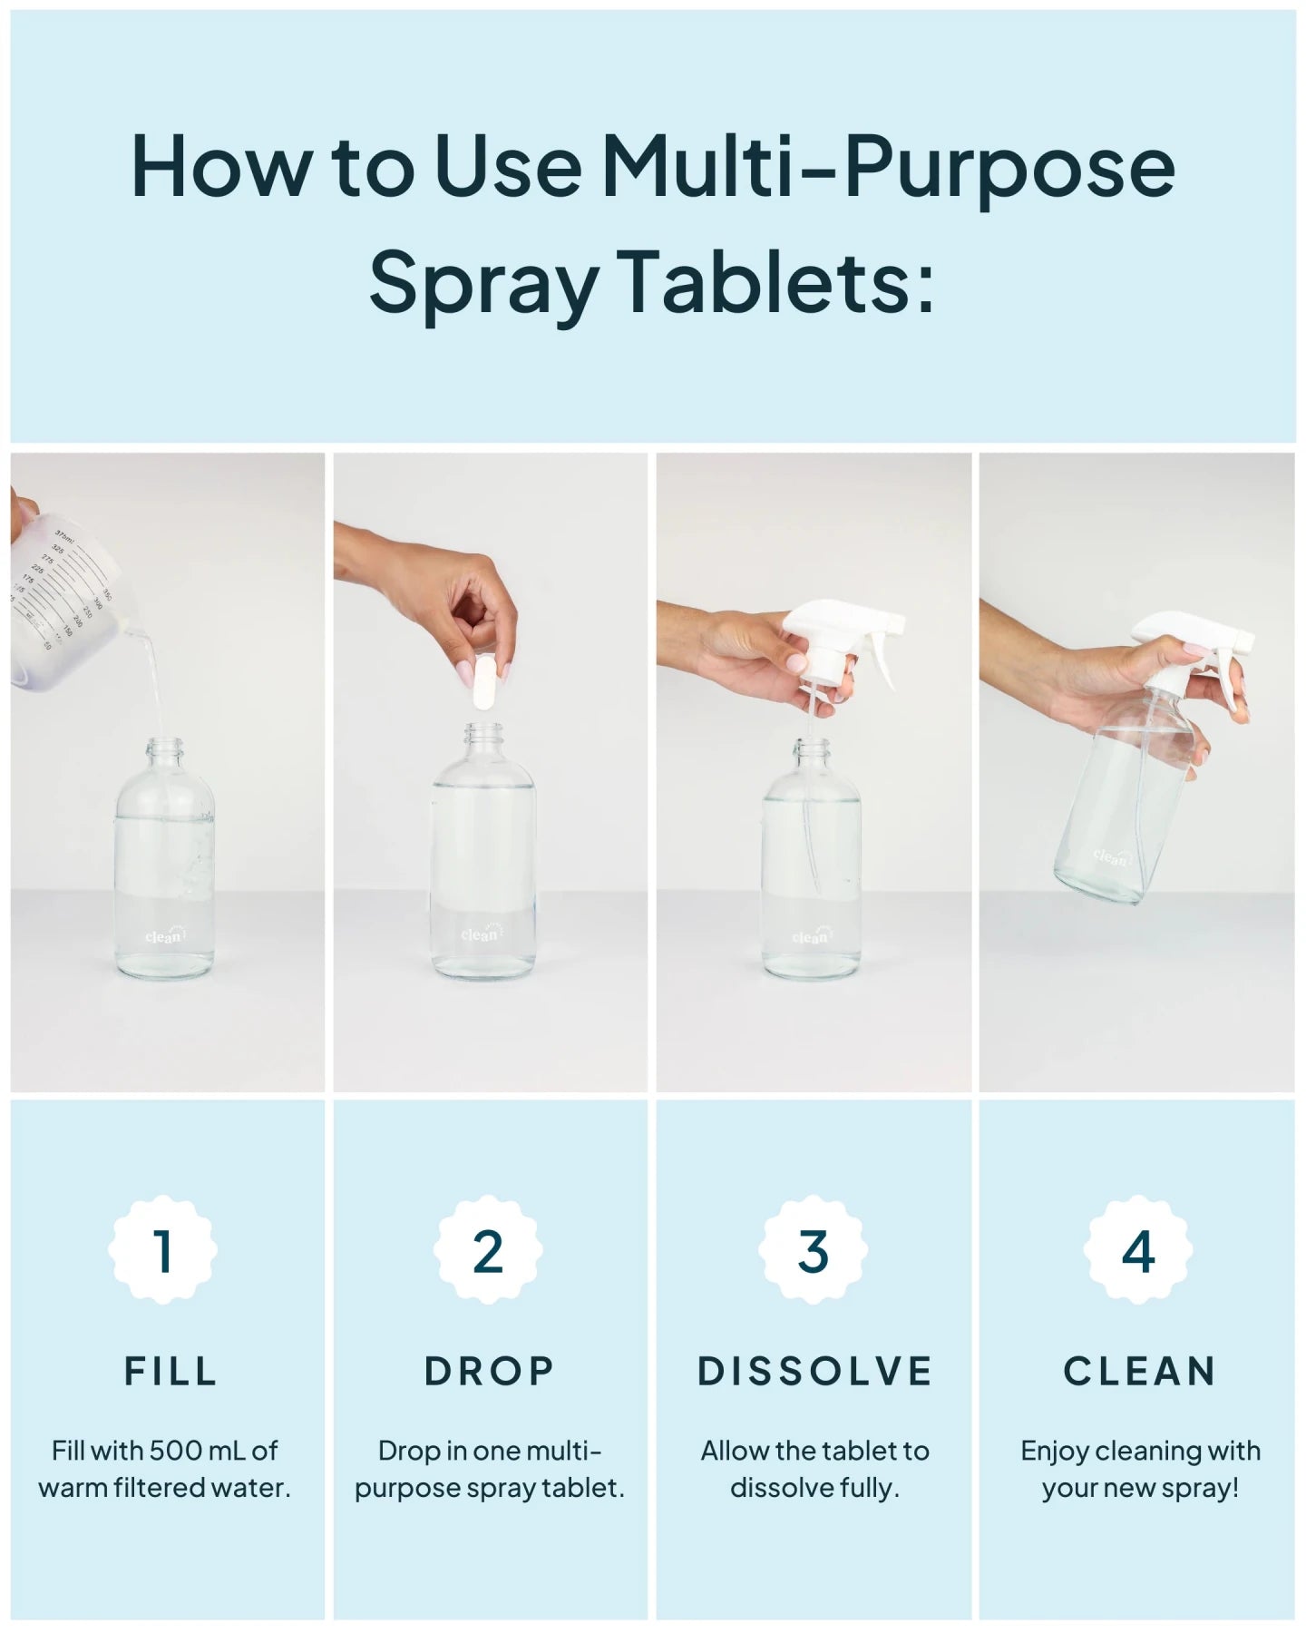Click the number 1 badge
163,1251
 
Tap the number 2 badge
488,1251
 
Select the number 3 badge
814,1251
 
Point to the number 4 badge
1137,1251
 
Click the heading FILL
171,1371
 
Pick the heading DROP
489,1371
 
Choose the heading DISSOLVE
814,1371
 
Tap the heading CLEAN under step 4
1139,1371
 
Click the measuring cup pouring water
63,603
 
